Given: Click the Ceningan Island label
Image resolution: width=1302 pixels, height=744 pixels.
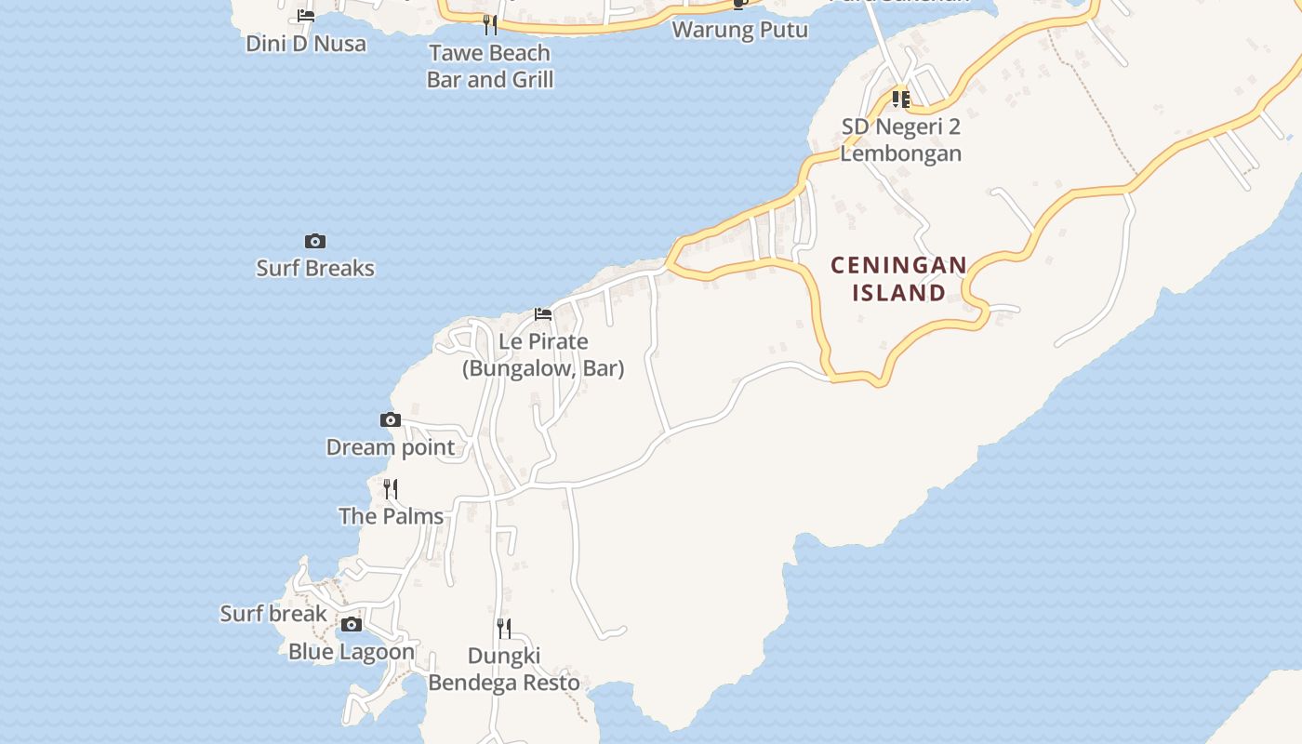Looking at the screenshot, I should tap(898, 279).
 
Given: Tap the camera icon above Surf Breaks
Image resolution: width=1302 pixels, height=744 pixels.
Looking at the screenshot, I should tap(315, 242).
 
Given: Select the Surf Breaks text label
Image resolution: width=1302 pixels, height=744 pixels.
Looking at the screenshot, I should tap(315, 269).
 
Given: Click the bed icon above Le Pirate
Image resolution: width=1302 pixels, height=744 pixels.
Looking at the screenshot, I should tap(543, 314).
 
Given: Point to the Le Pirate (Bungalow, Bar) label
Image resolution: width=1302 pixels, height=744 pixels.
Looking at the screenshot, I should tap(543, 355).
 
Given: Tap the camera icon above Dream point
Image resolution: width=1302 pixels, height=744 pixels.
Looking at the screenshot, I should tap(391, 420).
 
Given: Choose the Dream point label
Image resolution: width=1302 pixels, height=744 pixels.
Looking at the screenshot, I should tap(391, 447).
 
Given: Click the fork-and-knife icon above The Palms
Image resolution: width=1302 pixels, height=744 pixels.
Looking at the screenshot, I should tap(391, 489).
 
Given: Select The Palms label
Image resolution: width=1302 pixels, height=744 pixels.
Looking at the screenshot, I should tap(391, 516).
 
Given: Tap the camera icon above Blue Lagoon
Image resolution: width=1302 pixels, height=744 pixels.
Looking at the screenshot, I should tap(351, 624).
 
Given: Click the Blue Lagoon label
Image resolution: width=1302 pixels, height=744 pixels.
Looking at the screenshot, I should tap(351, 652).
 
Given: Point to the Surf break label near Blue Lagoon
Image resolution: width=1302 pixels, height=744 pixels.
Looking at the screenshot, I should tap(273, 614).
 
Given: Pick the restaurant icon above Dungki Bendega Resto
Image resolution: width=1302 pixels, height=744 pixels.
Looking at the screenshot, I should tap(503, 629).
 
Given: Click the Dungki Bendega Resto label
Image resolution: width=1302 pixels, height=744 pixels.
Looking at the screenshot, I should tap(503, 670).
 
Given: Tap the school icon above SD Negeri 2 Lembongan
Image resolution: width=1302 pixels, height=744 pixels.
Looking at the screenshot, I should tap(900, 99).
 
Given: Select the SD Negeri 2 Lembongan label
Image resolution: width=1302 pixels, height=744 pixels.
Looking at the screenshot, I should tap(900, 139).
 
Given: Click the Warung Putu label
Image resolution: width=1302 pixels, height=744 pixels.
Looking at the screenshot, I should tap(739, 30).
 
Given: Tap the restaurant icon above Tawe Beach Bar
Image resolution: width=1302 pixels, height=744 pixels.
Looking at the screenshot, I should tap(489, 25).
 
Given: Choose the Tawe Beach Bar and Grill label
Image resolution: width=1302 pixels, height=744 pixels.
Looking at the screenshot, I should tap(489, 66).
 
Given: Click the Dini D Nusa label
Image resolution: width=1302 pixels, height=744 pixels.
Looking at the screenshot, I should tap(306, 44).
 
